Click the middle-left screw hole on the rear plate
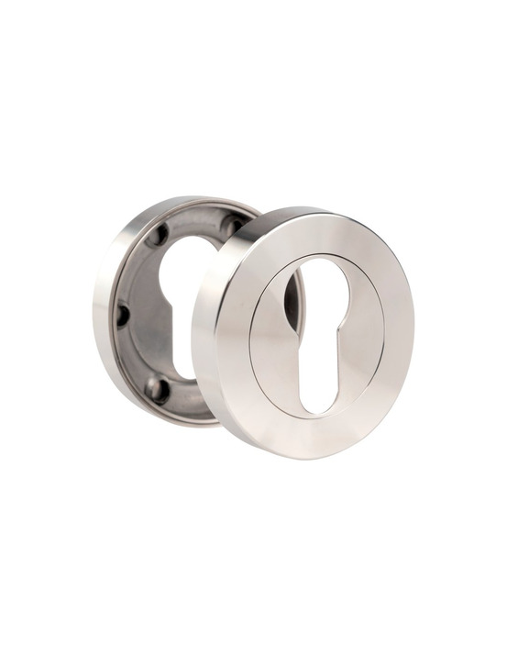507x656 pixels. pos(122,315)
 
